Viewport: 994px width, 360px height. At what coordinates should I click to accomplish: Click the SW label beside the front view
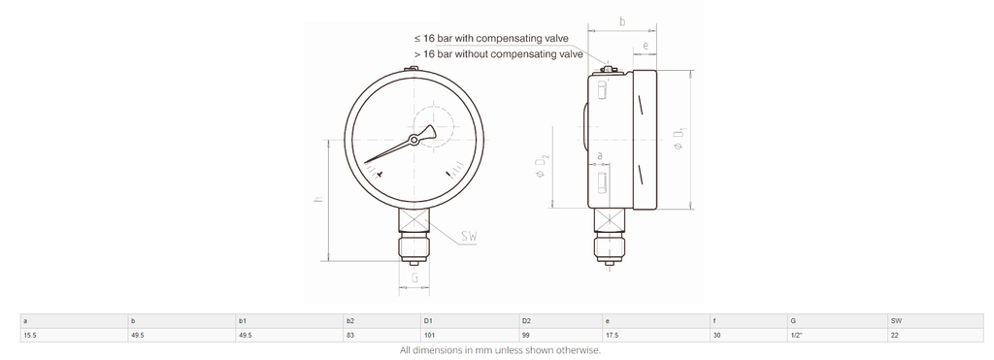click(x=469, y=237)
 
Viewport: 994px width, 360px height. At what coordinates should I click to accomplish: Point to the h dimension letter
click(x=318, y=198)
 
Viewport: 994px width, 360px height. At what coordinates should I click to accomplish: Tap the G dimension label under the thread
click(x=414, y=278)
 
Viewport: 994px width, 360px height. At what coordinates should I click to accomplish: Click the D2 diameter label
click(x=542, y=165)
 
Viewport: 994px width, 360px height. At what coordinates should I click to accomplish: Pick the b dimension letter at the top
click(x=622, y=21)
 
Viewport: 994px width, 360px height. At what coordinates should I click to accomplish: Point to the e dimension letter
click(x=646, y=46)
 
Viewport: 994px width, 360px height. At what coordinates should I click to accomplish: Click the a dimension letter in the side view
click(x=600, y=155)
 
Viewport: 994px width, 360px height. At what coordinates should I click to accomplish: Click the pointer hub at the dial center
click(x=414, y=140)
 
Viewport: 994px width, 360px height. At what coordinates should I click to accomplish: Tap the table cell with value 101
click(x=470, y=336)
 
